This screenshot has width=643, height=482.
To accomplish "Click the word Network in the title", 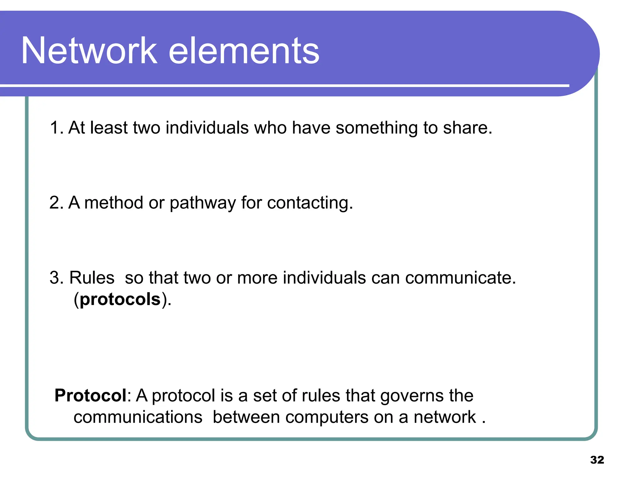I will (x=89, y=51).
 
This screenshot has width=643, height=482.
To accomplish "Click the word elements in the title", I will (x=244, y=51).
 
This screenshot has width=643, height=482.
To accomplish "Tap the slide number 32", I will (x=597, y=460).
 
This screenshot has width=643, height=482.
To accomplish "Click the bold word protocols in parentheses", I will (x=120, y=299).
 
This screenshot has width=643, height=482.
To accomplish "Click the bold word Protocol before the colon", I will (x=90, y=395).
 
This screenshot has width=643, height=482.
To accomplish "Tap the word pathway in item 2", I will (x=203, y=203).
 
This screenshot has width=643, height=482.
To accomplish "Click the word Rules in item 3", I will (x=92, y=278).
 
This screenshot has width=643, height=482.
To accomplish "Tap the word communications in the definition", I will (x=138, y=417).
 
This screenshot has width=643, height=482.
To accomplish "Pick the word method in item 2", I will (x=114, y=203).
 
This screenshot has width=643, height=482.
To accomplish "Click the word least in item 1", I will (x=109, y=128).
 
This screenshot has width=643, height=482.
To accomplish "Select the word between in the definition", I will (x=246, y=417).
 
